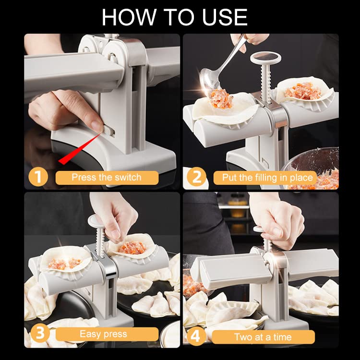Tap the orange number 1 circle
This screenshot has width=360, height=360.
click(38, 177)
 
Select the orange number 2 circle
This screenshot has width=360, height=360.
click(196, 177)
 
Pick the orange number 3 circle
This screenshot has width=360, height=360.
click(40, 333)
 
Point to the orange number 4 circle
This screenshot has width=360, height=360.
click(196, 336)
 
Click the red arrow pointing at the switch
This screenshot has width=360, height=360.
click(80, 149)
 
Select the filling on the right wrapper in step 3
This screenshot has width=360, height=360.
click(132, 248)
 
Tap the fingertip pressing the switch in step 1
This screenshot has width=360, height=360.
click(97, 125)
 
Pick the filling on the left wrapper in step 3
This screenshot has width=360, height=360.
click(65, 264)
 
